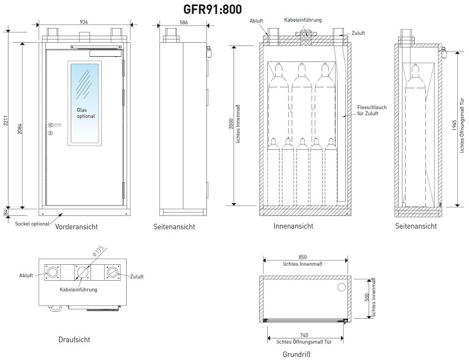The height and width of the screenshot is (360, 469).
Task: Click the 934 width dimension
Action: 84,22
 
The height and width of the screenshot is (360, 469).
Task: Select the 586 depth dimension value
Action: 183,22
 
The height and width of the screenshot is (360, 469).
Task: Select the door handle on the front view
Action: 54,125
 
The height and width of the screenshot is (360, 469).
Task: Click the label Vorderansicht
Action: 76,227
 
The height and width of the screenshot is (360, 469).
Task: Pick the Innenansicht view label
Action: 294,226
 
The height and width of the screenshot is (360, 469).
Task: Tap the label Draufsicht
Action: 74,339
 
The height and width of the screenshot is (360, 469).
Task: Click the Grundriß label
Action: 297,354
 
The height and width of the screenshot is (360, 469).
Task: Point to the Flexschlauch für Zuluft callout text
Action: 371,111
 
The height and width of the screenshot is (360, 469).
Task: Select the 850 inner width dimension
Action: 303,257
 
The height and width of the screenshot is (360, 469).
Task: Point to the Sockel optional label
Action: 32,224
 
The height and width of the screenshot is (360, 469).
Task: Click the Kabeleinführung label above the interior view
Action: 303,20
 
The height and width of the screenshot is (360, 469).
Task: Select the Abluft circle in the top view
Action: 53,273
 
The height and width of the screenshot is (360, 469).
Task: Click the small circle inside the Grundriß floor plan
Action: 341,287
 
